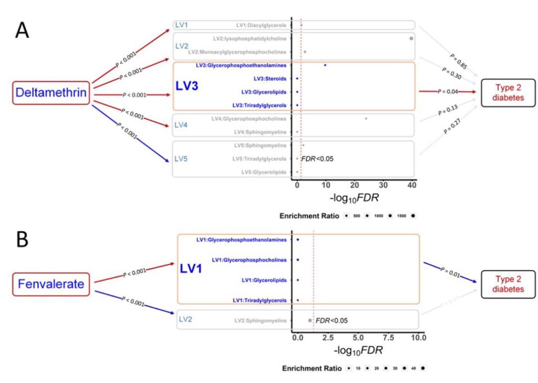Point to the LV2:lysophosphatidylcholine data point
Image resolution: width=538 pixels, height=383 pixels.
(411, 38)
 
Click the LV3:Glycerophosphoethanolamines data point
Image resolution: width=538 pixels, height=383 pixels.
(325, 65)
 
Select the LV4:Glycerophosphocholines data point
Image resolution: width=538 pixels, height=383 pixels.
(366, 119)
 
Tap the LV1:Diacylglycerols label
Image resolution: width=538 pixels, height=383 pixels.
(261, 25)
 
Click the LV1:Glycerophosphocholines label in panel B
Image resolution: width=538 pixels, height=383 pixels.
(249, 260)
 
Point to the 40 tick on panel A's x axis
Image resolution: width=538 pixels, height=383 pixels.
(411, 185)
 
